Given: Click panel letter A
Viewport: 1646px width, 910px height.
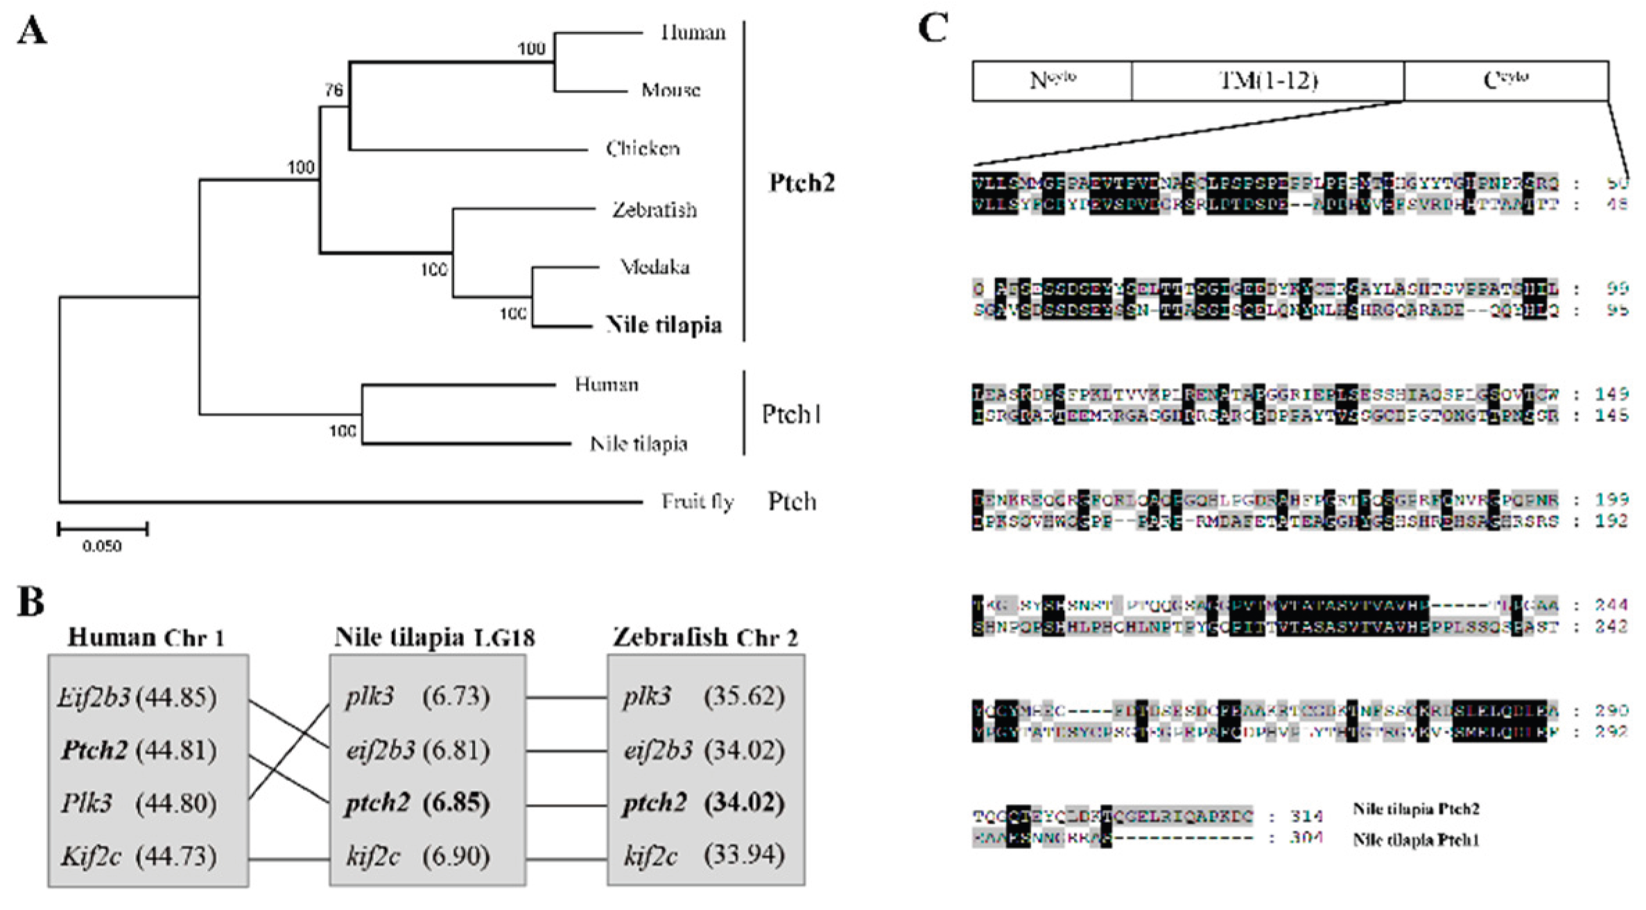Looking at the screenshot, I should pyautogui.click(x=32, y=30).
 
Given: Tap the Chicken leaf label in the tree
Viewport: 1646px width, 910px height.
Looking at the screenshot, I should pyautogui.click(x=643, y=148).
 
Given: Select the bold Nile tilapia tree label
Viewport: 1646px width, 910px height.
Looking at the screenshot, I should pyautogui.click(x=664, y=324).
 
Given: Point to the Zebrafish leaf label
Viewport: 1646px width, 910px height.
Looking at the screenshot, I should pyautogui.click(x=654, y=209).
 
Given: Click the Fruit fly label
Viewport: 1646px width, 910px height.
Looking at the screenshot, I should pyautogui.click(x=697, y=501).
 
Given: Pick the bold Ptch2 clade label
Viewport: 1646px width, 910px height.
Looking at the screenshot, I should pyautogui.click(x=802, y=182).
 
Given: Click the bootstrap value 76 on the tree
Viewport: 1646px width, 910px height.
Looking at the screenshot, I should pyautogui.click(x=334, y=91).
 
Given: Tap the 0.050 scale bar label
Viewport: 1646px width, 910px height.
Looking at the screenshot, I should pyautogui.click(x=102, y=546).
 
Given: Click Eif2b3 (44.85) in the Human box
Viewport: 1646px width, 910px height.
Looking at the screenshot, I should pyautogui.click(x=137, y=697).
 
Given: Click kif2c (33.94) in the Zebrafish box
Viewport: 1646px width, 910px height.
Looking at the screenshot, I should pyautogui.click(x=704, y=856).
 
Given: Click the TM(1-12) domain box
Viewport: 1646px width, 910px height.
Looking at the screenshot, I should pyautogui.click(x=1267, y=81).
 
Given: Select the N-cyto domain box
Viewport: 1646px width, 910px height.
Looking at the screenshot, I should pyautogui.click(x=1052, y=81).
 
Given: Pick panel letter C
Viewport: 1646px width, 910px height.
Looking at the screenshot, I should pyautogui.click(x=933, y=29).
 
